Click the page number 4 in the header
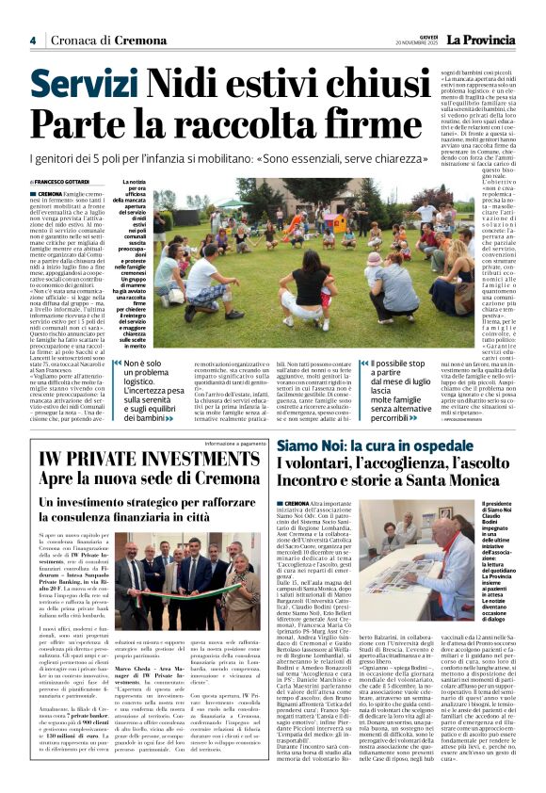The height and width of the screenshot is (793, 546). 32,40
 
